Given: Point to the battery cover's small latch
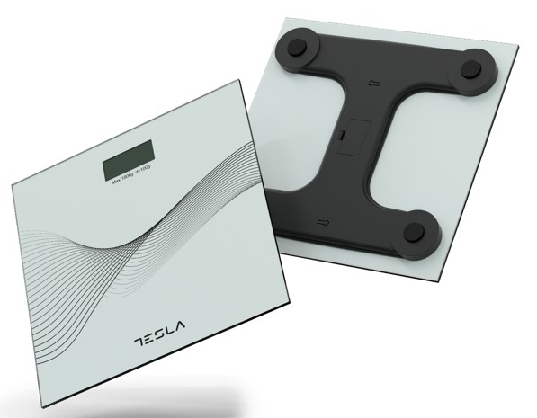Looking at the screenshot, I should [x=343, y=137].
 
